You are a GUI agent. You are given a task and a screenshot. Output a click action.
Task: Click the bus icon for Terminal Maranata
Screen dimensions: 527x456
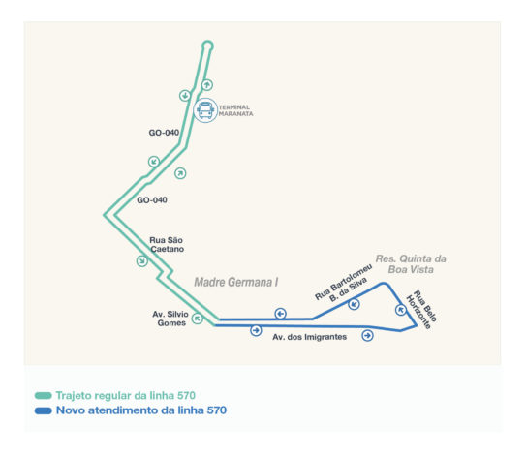(205, 110)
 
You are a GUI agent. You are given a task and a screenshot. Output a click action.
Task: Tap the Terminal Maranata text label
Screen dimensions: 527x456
(236, 110)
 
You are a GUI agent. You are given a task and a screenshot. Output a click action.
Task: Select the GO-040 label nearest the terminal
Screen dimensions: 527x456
(164, 133)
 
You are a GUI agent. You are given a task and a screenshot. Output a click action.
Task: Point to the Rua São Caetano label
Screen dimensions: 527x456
(167, 244)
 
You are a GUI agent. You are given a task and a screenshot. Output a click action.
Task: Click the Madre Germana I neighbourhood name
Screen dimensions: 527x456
(236, 282)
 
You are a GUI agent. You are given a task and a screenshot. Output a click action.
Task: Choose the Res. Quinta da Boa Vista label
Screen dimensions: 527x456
(411, 264)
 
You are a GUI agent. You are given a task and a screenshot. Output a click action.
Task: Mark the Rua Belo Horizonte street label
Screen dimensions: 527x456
(421, 309)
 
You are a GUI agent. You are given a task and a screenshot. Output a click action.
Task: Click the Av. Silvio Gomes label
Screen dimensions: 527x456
(170, 319)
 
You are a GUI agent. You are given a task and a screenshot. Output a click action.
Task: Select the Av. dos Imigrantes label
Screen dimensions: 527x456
(310, 337)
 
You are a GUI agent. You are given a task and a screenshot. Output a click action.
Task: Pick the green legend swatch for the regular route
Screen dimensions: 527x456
(44, 396)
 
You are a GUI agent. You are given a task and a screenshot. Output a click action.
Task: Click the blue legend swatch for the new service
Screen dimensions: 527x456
(44, 410)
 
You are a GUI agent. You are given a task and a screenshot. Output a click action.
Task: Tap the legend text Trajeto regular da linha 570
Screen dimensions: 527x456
(126, 396)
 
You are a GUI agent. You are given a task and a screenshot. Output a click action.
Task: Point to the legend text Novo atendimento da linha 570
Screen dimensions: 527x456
(141, 410)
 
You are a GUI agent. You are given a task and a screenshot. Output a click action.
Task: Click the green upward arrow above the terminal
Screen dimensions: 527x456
(207, 85)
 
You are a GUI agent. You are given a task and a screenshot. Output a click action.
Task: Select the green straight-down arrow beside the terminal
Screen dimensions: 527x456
(185, 96)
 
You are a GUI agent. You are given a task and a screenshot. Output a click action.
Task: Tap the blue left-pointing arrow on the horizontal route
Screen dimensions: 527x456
(281, 314)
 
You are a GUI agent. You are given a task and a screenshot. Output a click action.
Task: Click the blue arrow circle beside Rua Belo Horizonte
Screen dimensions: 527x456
(401, 310)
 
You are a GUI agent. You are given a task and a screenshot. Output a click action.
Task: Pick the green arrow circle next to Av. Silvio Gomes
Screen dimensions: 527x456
(198, 319)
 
